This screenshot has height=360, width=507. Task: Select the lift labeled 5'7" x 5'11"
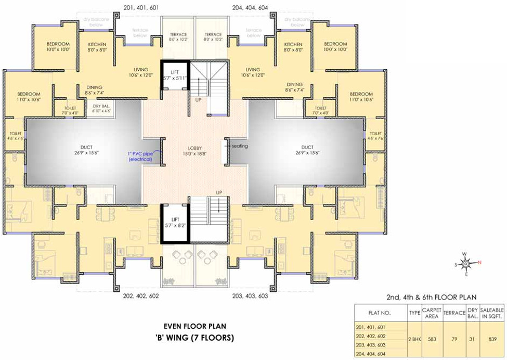(x=174, y=75)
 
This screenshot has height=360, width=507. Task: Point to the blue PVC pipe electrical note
(x=140, y=156)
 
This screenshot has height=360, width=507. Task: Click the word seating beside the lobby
(x=240, y=146)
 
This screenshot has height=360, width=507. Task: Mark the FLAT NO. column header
(x=380, y=313)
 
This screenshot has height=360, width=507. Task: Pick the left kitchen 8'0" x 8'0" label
(x=97, y=47)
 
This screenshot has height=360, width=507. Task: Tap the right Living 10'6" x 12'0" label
(x=253, y=72)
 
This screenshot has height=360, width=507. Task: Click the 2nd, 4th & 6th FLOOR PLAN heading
(x=431, y=298)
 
